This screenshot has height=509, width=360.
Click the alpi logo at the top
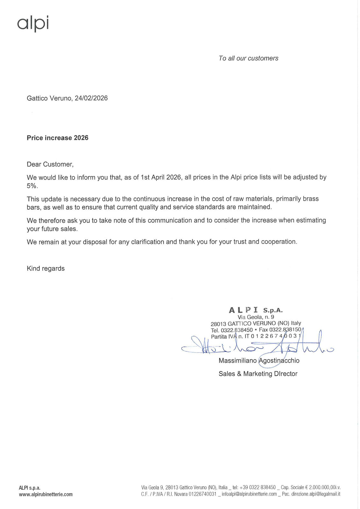pyautogui.click(x=33, y=23)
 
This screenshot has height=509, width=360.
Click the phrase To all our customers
pyautogui.click(x=248, y=58)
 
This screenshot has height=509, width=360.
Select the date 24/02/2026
pyautogui.click(x=91, y=98)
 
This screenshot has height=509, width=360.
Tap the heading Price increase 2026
pyautogui.click(x=57, y=138)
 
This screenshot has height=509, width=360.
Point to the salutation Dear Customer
pyautogui.click(x=50, y=164)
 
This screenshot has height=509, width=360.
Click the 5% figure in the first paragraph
pyautogui.click(x=32, y=186)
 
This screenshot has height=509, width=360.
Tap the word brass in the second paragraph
pyautogui.click(x=311, y=199)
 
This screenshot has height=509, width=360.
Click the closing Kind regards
pyautogui.click(x=46, y=268)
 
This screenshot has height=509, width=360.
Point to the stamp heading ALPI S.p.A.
pyautogui.click(x=256, y=310)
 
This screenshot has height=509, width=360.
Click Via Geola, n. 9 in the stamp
pyautogui.click(x=256, y=317)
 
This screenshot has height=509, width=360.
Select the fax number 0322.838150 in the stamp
pyautogui.click(x=285, y=330)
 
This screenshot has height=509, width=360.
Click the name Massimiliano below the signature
pyautogui.click(x=237, y=360)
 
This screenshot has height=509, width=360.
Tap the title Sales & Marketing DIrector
pyautogui.click(x=258, y=374)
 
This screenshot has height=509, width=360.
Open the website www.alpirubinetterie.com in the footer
pyautogui.click(x=46, y=494)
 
